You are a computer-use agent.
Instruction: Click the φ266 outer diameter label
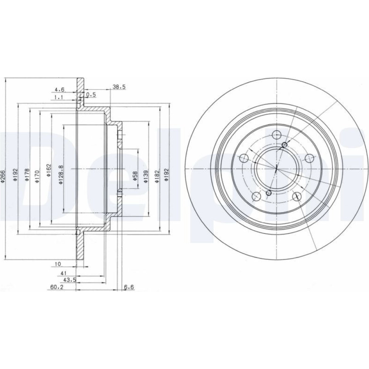click(3, 176)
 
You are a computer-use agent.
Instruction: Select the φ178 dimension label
click(27, 175)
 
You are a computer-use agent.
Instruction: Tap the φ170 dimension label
click(37, 176)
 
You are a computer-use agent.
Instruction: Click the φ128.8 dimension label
click(61, 175)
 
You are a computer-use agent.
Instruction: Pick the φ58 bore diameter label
click(135, 176)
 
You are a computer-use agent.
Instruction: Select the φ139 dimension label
click(146, 177)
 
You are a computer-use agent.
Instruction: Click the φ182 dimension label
click(157, 177)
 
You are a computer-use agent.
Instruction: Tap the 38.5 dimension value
click(119, 87)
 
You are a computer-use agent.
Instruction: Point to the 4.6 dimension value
click(59, 89)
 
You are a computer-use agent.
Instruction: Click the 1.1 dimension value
click(59, 97)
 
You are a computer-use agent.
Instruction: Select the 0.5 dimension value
click(91, 94)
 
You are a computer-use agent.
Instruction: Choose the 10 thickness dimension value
click(58, 264)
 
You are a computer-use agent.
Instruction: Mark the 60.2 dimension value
click(57, 287)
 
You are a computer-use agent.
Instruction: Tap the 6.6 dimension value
click(129, 287)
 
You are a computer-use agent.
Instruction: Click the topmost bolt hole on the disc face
click(276, 135)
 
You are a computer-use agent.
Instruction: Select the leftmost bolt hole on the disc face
click(244, 158)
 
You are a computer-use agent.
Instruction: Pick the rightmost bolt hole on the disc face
click(310, 158)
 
